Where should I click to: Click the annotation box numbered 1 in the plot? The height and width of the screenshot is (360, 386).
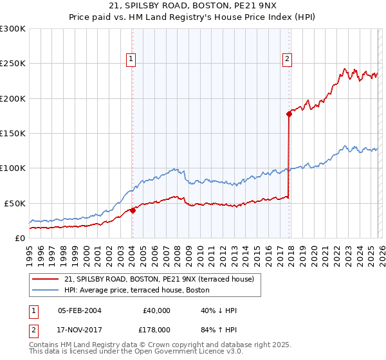[131, 59]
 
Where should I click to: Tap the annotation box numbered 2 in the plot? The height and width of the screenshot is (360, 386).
[287, 59]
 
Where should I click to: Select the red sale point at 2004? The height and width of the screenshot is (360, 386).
[133, 210]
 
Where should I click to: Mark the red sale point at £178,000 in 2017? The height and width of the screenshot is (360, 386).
[289, 114]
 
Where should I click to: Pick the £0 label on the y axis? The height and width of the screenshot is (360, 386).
[19, 238]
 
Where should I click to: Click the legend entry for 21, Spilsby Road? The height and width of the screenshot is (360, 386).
[160, 279]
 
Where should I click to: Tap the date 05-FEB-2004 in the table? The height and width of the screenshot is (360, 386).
[80, 310]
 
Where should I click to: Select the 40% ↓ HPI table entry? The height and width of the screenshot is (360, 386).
[219, 310]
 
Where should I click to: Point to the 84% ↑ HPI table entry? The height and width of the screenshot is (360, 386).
[219, 330]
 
